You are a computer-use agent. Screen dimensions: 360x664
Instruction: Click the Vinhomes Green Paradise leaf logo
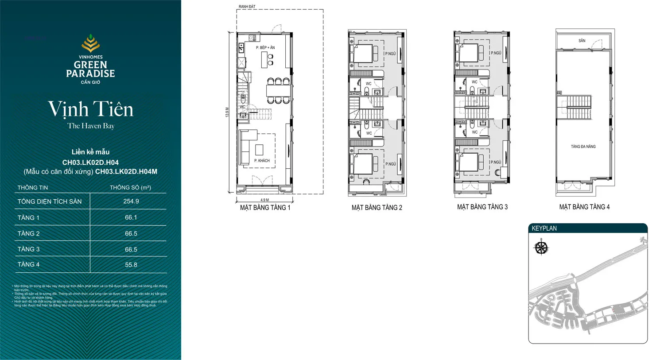pyautogui.click(x=90, y=43)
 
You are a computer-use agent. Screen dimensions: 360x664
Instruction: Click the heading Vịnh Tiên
pyautogui.click(x=90, y=109)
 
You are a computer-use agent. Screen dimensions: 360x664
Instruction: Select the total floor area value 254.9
pyautogui.click(x=131, y=201)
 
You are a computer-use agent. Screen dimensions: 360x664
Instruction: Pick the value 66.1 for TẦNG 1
pyautogui.click(x=131, y=217)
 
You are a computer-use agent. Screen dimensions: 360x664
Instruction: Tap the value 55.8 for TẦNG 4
pyautogui.click(x=131, y=265)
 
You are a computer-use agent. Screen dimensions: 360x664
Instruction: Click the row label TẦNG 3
pyautogui.click(x=28, y=249)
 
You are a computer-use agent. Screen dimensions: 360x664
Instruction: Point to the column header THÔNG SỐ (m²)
pyautogui.click(x=130, y=188)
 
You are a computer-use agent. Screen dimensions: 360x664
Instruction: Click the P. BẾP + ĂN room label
pyautogui.click(x=265, y=47)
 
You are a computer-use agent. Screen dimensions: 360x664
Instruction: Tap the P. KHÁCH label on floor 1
pyautogui.click(x=262, y=161)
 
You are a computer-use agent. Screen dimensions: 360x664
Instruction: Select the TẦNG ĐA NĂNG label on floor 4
pyautogui.click(x=583, y=147)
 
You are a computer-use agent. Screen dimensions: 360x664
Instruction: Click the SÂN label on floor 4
pyautogui.click(x=582, y=41)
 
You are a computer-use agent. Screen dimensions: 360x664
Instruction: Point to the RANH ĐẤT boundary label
pyautogui.click(x=247, y=7)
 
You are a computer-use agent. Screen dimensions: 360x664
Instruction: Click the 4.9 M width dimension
pyautogui.click(x=264, y=200)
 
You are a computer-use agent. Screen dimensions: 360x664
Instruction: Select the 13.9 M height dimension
pyautogui.click(x=227, y=112)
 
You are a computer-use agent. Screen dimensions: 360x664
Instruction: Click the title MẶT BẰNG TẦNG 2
pyautogui.click(x=377, y=208)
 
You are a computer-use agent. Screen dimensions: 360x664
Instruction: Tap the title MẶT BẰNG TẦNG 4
pyautogui.click(x=584, y=207)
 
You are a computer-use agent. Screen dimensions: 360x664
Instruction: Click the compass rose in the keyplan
pyautogui.click(x=541, y=248)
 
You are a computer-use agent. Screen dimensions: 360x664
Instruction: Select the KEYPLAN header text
pyautogui.click(x=544, y=228)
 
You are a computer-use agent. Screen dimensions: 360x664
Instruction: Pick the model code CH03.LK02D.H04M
pyautogui.click(x=126, y=172)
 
